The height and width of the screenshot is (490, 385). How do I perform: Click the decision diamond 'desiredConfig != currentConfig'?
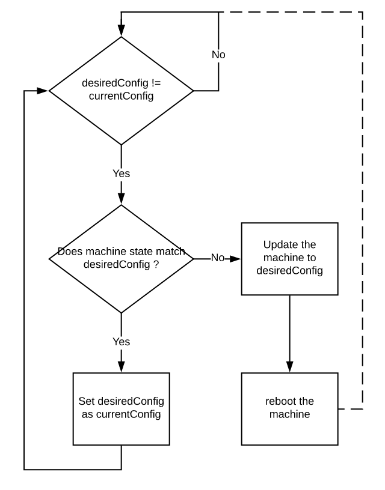coord(121,91)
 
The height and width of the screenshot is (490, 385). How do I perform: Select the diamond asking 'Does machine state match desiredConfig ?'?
coord(121,258)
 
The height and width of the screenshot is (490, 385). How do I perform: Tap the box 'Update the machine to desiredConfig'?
coord(289,258)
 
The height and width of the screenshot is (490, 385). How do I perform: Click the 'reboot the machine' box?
coord(289,408)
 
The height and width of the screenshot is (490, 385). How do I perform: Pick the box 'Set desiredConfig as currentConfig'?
coord(121,408)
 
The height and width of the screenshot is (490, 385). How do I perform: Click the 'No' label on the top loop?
coord(218,55)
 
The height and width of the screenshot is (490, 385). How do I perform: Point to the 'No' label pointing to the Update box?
coord(217,258)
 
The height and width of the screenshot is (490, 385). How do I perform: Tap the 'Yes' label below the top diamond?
coord(121,174)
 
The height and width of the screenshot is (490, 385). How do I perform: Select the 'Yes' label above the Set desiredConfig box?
coord(121,342)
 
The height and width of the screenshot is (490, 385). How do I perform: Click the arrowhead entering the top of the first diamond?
coord(121,31)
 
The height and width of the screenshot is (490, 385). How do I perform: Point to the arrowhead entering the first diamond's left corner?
coord(43,91)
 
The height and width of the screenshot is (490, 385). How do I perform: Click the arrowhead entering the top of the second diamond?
coord(121,199)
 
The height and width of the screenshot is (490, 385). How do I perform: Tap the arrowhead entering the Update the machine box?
coord(236,258)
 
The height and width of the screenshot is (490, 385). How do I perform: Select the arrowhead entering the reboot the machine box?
coord(289,367)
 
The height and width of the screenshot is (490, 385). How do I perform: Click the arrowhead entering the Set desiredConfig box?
coord(121,367)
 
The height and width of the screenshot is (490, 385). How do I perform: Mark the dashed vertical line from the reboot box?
coord(363,210)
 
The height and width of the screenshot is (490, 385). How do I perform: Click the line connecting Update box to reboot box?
coord(289,330)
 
